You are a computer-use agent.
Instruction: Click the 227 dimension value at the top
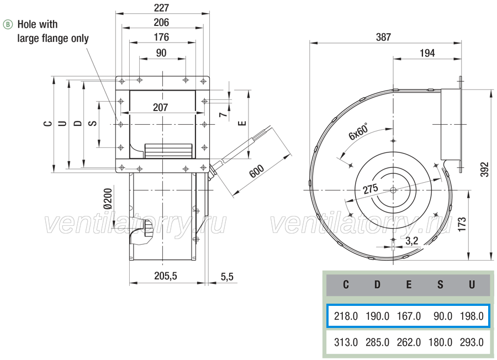(x=161, y=8)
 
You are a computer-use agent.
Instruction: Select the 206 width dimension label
(x=161, y=23)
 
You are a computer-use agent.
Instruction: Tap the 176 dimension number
(x=161, y=38)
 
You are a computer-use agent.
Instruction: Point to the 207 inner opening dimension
(x=160, y=108)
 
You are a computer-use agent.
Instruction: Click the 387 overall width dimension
(x=384, y=37)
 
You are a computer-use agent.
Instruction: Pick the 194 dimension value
(x=427, y=53)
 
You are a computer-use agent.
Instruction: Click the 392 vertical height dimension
(x=485, y=170)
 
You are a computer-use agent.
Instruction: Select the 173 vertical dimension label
(x=462, y=224)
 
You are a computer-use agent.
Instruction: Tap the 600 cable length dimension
(x=256, y=171)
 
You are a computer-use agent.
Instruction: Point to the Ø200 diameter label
(x=108, y=199)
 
